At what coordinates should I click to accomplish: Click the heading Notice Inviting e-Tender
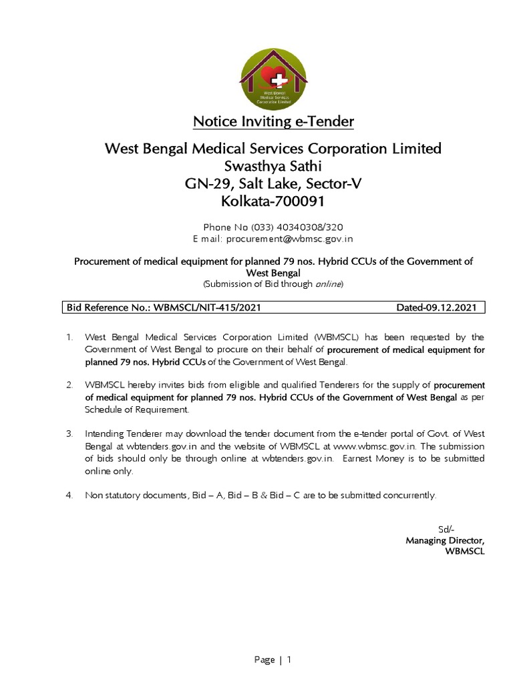click(273, 121)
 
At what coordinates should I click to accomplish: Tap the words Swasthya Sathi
click(273, 165)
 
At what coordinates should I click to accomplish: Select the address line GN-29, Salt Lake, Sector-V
click(273, 183)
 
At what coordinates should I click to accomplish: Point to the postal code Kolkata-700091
click(273, 201)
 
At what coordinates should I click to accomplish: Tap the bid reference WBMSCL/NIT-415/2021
click(206, 307)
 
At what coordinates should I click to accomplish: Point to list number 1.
click(69, 337)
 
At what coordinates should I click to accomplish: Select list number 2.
click(69, 386)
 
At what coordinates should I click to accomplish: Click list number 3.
click(69, 434)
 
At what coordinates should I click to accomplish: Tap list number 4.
click(69, 496)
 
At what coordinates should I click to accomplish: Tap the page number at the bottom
click(289, 660)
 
